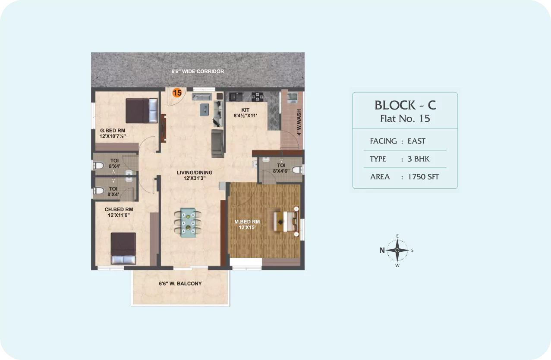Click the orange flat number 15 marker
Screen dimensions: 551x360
[177, 93]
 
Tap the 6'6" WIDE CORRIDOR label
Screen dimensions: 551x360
[198, 72]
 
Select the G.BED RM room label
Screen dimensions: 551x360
[113, 131]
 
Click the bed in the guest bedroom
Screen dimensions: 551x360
[142, 110]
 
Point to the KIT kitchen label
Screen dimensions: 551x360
[245, 110]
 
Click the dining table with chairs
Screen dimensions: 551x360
[188, 222]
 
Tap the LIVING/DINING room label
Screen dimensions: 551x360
[195, 172]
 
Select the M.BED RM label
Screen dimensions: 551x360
[247, 222]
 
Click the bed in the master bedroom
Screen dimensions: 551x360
[286, 222]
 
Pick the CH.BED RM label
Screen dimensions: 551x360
[119, 210]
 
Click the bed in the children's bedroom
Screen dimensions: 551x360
[123, 248]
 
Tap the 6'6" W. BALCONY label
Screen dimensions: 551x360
[180, 284]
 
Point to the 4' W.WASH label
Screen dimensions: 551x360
[299, 122]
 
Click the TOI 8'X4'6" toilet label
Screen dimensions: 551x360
[281, 168]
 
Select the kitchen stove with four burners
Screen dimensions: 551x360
[257, 97]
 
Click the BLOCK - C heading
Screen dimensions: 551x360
[405, 105]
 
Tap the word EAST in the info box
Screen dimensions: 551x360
[416, 141]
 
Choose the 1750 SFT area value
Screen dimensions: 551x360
[423, 177]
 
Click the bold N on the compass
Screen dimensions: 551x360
[382, 250]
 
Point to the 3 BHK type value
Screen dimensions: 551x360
[419, 159]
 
